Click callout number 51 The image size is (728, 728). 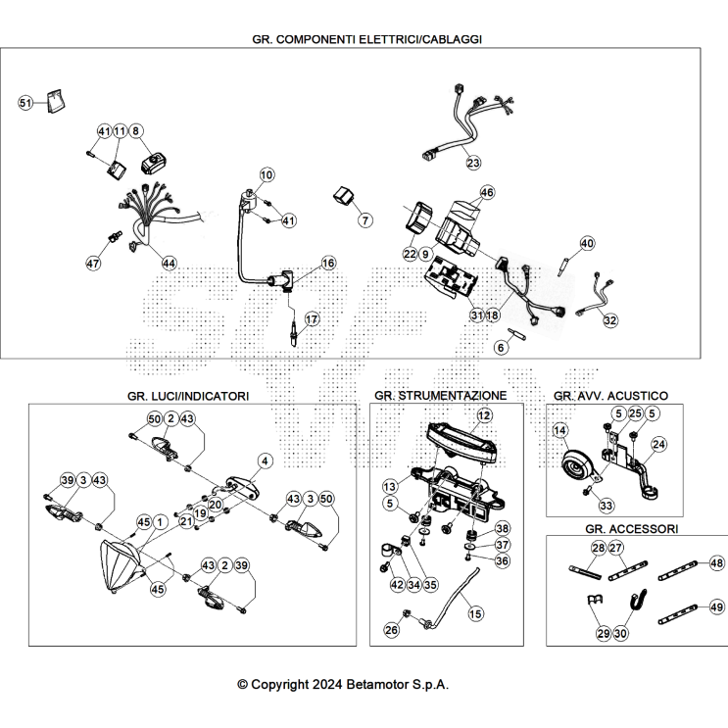25,103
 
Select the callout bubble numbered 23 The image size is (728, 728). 473,163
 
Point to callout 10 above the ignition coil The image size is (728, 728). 267,174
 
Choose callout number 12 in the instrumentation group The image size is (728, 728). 484,415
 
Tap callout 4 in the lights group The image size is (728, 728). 265,461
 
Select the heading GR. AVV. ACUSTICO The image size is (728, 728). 610,396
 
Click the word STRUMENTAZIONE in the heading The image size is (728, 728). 453,396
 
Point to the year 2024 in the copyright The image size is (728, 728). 327,684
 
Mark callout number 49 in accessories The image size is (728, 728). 717,607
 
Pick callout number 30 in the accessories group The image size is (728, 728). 620,633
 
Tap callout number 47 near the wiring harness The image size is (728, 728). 93,264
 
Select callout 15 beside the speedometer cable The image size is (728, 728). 475,613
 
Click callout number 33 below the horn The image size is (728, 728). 607,506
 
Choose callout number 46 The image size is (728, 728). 487,192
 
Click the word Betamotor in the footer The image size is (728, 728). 378,684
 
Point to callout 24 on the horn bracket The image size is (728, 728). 658,444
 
